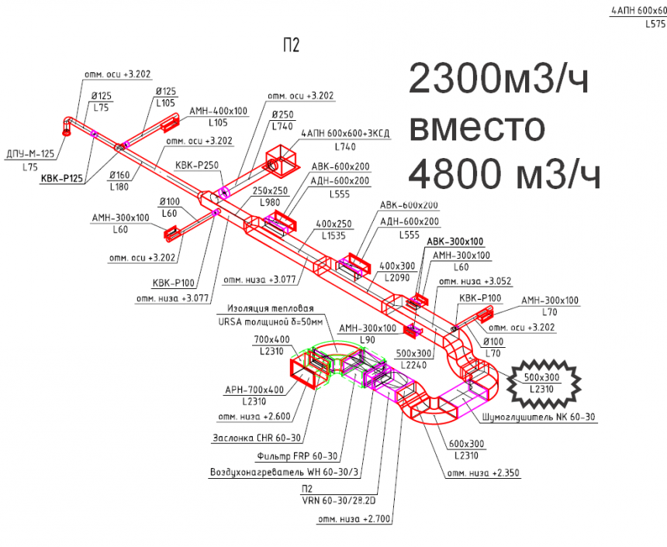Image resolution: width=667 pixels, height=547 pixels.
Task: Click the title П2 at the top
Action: pos(292,46)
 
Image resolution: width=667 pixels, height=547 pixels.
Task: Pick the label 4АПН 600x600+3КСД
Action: pos(345,133)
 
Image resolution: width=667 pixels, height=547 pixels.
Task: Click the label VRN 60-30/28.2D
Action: pos(339,500)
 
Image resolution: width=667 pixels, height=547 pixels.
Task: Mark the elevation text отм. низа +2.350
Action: pos(482,472)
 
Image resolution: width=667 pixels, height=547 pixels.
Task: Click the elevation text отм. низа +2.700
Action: pos(353,518)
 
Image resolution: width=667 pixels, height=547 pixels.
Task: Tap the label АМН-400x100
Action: pos(219,112)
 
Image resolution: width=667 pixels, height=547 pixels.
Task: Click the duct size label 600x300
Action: pos(466,444)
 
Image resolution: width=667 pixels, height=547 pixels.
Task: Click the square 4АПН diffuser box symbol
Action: pos(280,160)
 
